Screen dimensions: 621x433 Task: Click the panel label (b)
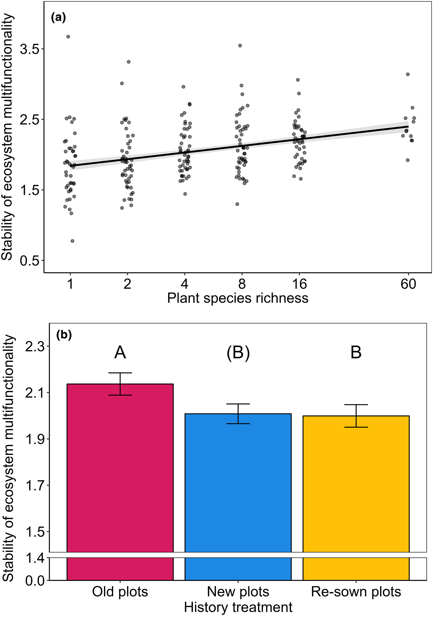pyautogui.click(x=64, y=335)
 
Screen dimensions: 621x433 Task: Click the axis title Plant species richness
pyautogui.click(x=238, y=298)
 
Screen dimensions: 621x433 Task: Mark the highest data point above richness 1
pyautogui.click(x=68, y=37)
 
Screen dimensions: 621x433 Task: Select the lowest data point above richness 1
pyautogui.click(x=72, y=241)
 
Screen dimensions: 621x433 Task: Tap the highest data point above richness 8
pyautogui.click(x=240, y=45)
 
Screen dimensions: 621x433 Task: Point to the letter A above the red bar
pyautogui.click(x=120, y=353)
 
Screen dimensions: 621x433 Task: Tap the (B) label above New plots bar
pyautogui.click(x=238, y=353)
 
